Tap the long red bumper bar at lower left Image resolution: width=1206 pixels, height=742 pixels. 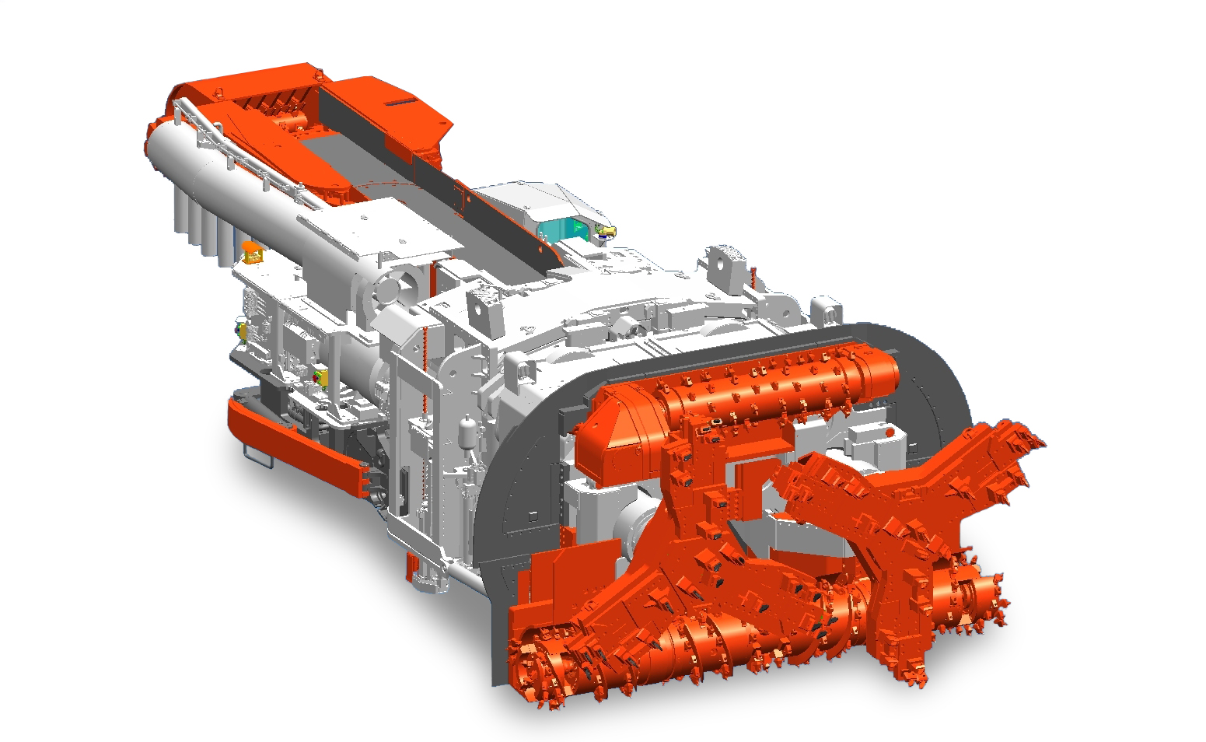click(x=295, y=443)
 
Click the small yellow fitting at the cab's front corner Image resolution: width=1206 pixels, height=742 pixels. click(x=606, y=231)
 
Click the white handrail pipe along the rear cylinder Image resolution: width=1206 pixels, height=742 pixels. click(x=233, y=148)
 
